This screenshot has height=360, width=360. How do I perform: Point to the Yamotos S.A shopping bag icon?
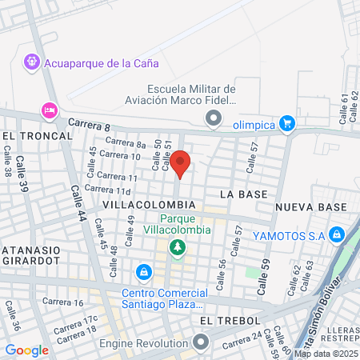pos(337,234)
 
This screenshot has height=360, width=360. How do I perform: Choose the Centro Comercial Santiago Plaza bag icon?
pos(143,273)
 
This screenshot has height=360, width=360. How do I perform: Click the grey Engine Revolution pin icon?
pos(200,342)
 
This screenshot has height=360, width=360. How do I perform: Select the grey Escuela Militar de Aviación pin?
pos(213,120)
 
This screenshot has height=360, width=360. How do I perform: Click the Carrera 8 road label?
pos(89,125)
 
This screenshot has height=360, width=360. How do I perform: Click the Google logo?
pos(26,350)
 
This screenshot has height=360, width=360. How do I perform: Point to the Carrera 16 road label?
pos(63,302)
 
